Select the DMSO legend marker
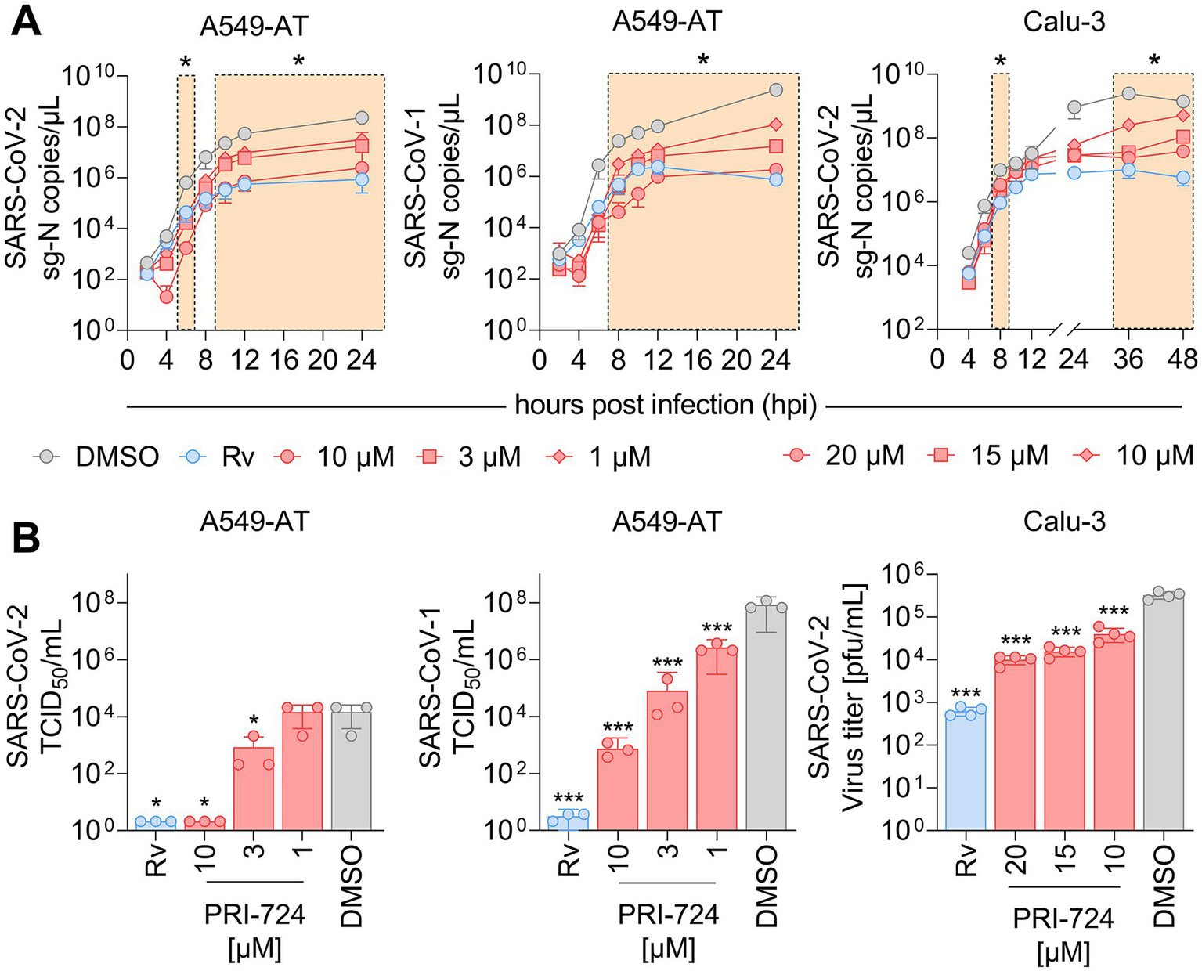click(48, 456)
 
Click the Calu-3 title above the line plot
click(1063, 22)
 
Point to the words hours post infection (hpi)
click(666, 406)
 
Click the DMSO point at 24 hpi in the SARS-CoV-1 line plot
click(776, 90)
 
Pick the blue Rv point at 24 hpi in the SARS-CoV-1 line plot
click(776, 179)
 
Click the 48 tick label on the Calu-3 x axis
click(1181, 359)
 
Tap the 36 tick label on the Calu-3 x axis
click(1128, 359)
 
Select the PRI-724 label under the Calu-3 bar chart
click(1063, 918)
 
